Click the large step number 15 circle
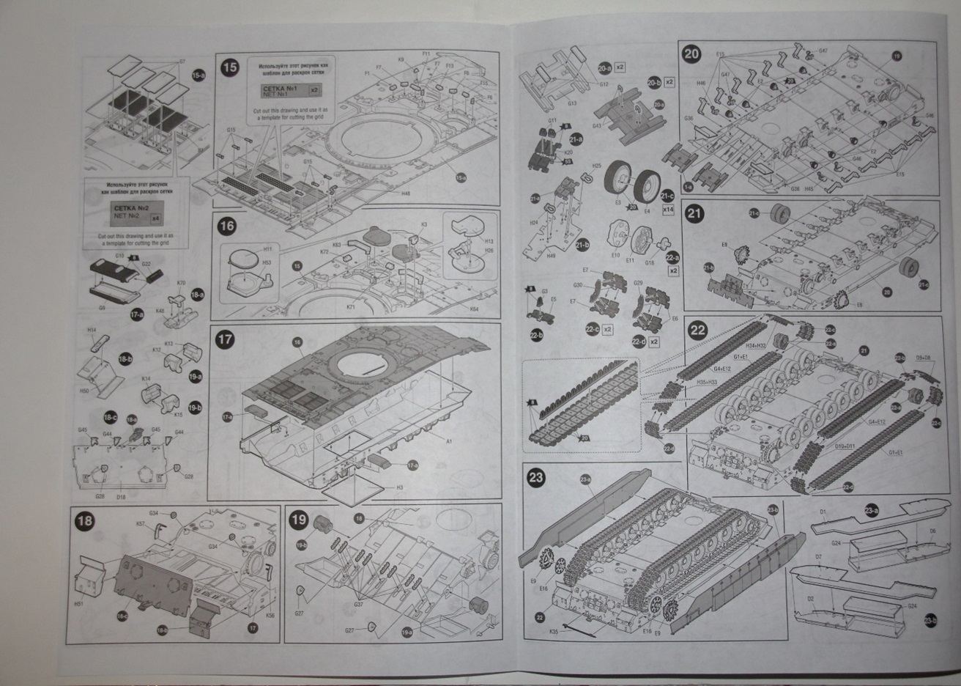230,68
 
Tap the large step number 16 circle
227,226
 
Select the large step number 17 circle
226,339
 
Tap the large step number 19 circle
299,520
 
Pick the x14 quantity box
667,210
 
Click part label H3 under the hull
400,487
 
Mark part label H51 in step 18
79,603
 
